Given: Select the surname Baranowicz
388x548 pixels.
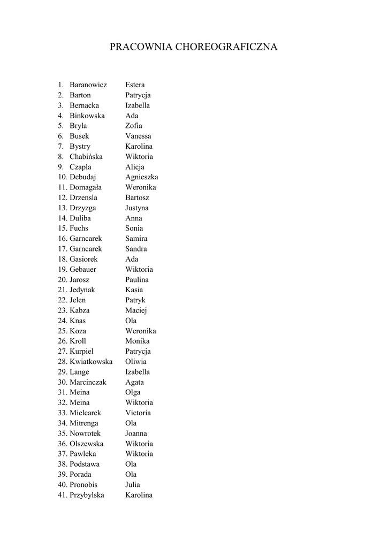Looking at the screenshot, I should (x=88, y=85).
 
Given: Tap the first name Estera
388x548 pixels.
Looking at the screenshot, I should (x=135, y=85).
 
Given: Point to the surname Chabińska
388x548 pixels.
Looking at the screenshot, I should (x=86, y=156).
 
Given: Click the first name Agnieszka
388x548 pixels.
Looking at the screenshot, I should (x=142, y=177).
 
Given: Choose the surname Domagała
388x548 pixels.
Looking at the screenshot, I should (x=86, y=187).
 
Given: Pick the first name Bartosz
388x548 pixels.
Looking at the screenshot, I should (x=138, y=197).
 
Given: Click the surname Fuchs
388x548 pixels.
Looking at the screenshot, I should (x=79, y=228).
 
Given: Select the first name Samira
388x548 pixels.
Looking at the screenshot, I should (x=136, y=238).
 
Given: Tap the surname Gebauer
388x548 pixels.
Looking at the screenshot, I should (x=83, y=269).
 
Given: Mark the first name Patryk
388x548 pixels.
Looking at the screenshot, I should (x=135, y=300).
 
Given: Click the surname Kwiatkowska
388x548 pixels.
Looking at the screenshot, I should (x=91, y=361).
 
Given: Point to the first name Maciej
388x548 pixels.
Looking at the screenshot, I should (x=136, y=310).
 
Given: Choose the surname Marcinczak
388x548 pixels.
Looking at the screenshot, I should (x=88, y=382).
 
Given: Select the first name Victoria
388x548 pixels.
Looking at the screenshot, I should (x=138, y=413).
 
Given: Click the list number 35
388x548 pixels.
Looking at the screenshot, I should (x=63, y=433).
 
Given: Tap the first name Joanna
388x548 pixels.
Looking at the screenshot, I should (x=136, y=433).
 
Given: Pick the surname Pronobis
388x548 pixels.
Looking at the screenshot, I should (x=83, y=485).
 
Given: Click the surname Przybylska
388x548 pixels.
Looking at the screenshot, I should (x=87, y=495).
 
